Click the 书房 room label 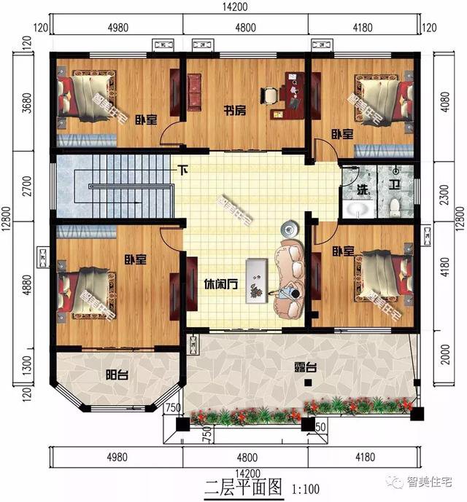[x=233, y=111]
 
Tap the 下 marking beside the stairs [x=183, y=171]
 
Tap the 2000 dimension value [x=441, y=358]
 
